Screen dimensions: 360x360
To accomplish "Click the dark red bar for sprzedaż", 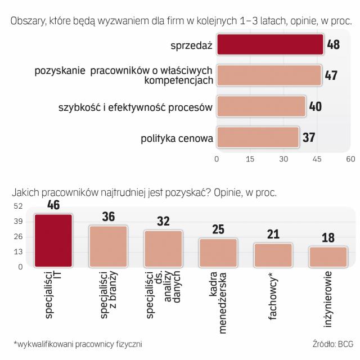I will [x=270, y=44].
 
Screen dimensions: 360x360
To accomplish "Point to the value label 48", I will [x=333, y=44].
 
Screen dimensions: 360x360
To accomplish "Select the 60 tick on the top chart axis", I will [x=351, y=159].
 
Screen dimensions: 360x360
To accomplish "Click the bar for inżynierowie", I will [x=328, y=256].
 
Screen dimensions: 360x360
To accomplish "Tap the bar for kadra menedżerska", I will [x=218, y=253].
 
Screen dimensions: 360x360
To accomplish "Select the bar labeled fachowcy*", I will [x=273, y=255].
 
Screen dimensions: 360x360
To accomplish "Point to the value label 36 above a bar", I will [x=108, y=218].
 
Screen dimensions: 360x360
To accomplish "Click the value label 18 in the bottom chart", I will [x=328, y=238].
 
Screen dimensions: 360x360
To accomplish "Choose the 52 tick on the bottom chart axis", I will [x=17, y=206].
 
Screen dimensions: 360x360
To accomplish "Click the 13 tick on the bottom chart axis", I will [x=17, y=252].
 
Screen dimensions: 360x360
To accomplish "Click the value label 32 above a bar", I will [x=163, y=222].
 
